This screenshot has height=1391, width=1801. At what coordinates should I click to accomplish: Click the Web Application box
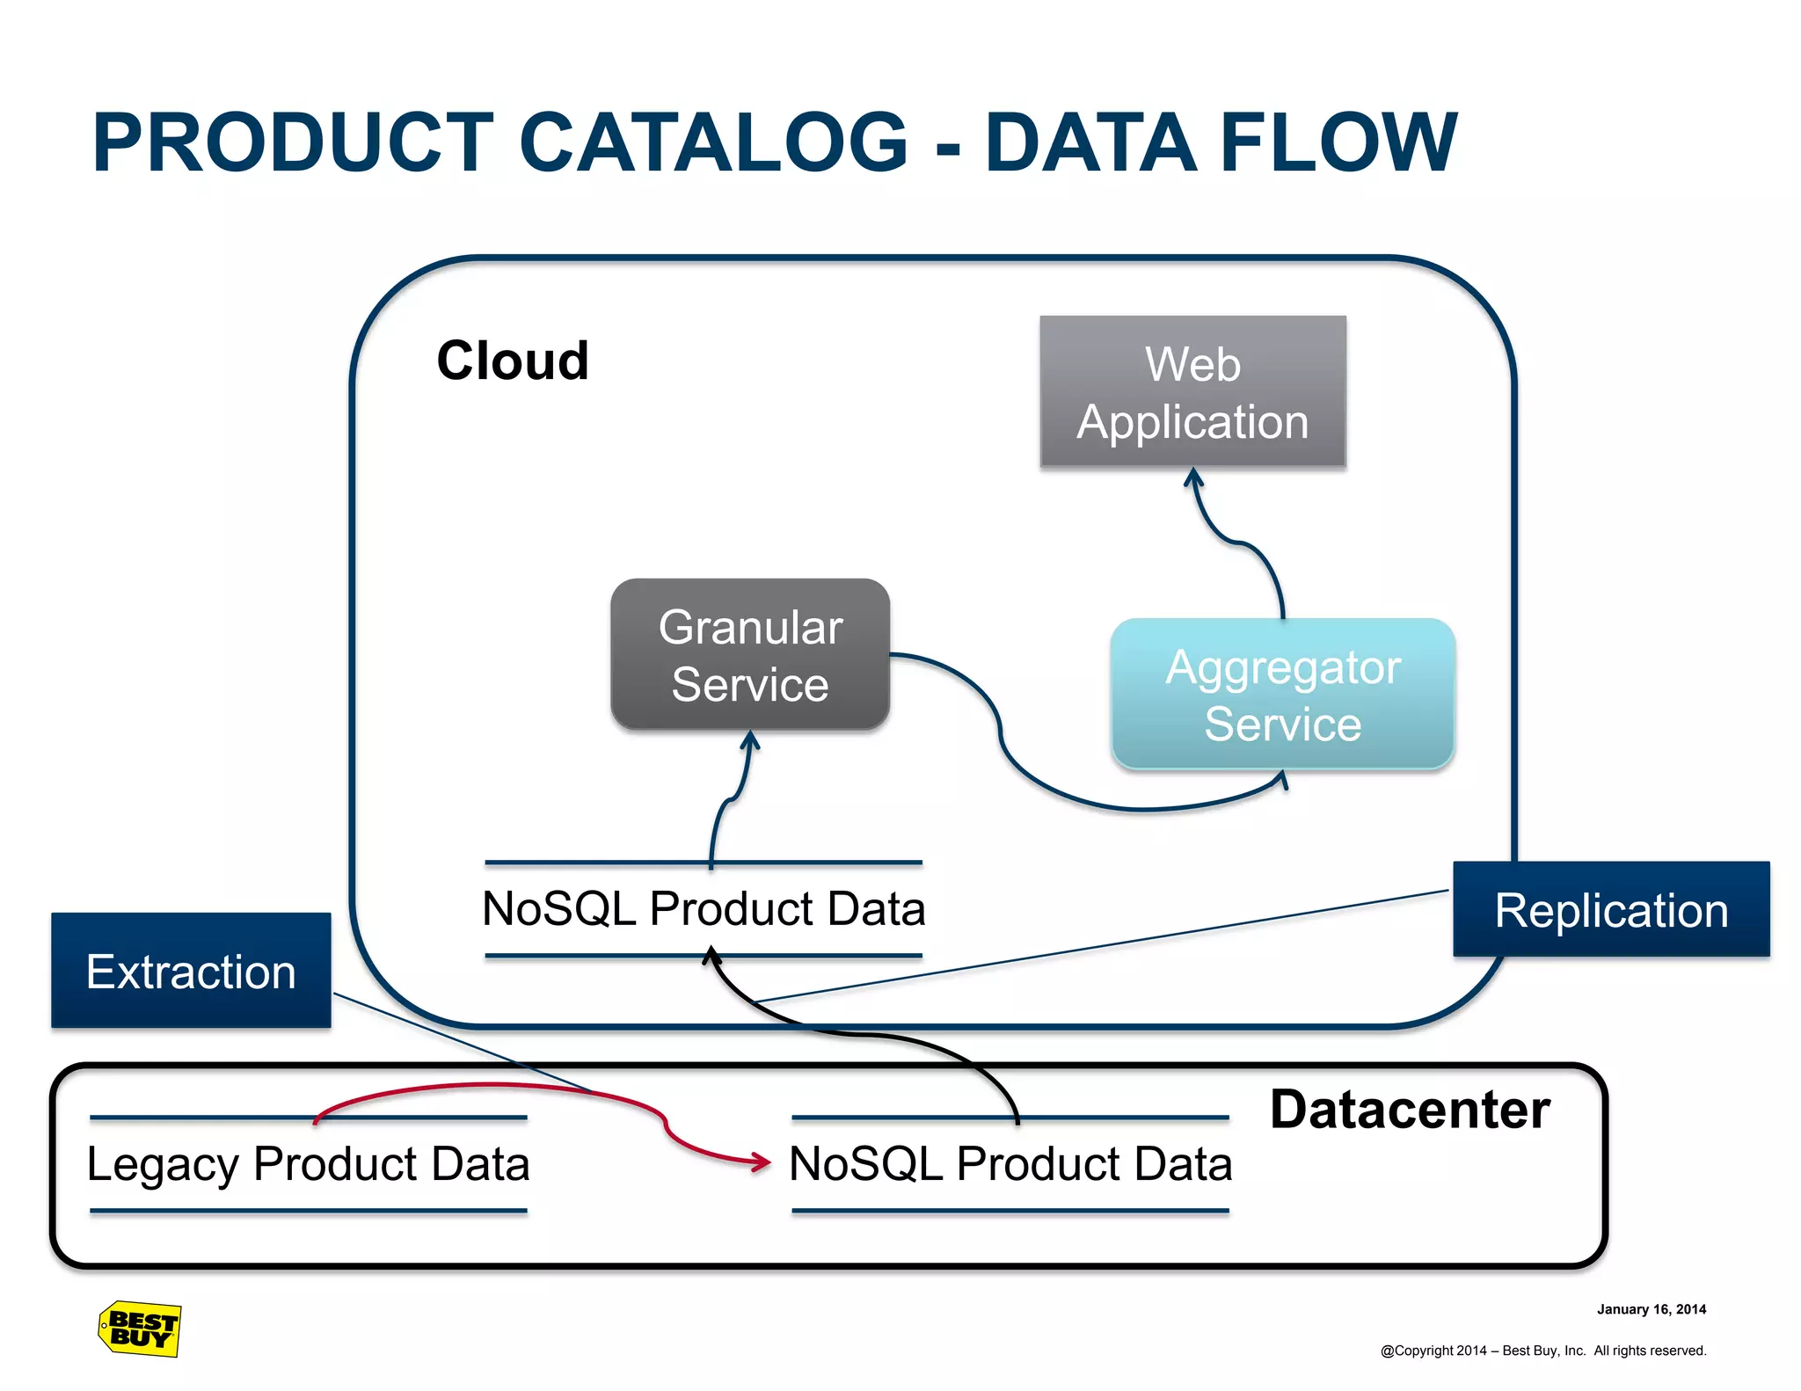pyautogui.click(x=1192, y=391)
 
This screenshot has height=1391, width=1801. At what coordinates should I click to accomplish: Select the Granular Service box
pyautogui.click(x=750, y=654)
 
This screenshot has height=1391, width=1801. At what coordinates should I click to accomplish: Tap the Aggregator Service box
pyautogui.click(x=1282, y=694)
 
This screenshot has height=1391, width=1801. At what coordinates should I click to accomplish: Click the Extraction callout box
pyautogui.click(x=191, y=971)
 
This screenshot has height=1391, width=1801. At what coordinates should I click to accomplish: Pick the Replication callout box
pyautogui.click(x=1610, y=909)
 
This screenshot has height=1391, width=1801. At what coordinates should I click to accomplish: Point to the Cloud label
pyautogui.click(x=513, y=360)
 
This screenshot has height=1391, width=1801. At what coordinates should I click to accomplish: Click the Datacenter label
pyautogui.click(x=1410, y=1109)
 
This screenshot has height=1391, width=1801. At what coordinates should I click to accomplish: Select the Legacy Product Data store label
pyautogui.click(x=308, y=1163)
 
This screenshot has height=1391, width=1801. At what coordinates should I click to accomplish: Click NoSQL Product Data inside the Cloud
pyautogui.click(x=704, y=908)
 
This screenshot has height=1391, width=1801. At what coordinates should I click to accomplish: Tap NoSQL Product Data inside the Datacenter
pyautogui.click(x=1010, y=1163)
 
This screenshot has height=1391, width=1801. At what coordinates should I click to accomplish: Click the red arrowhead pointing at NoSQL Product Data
pyautogui.click(x=762, y=1162)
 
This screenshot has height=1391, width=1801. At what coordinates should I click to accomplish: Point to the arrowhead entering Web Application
pyautogui.click(x=1193, y=477)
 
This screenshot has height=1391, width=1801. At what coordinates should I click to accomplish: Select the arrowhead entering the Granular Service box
pyautogui.click(x=750, y=740)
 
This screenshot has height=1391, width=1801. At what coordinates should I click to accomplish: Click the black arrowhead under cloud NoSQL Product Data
pyautogui.click(x=711, y=955)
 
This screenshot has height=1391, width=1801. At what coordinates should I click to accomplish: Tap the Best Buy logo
pyautogui.click(x=140, y=1329)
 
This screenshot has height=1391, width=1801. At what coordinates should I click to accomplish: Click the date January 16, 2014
pyautogui.click(x=1651, y=1309)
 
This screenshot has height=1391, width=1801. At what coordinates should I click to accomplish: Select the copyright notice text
pyautogui.click(x=1542, y=1351)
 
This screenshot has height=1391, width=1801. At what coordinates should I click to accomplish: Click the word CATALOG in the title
pyautogui.click(x=713, y=142)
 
